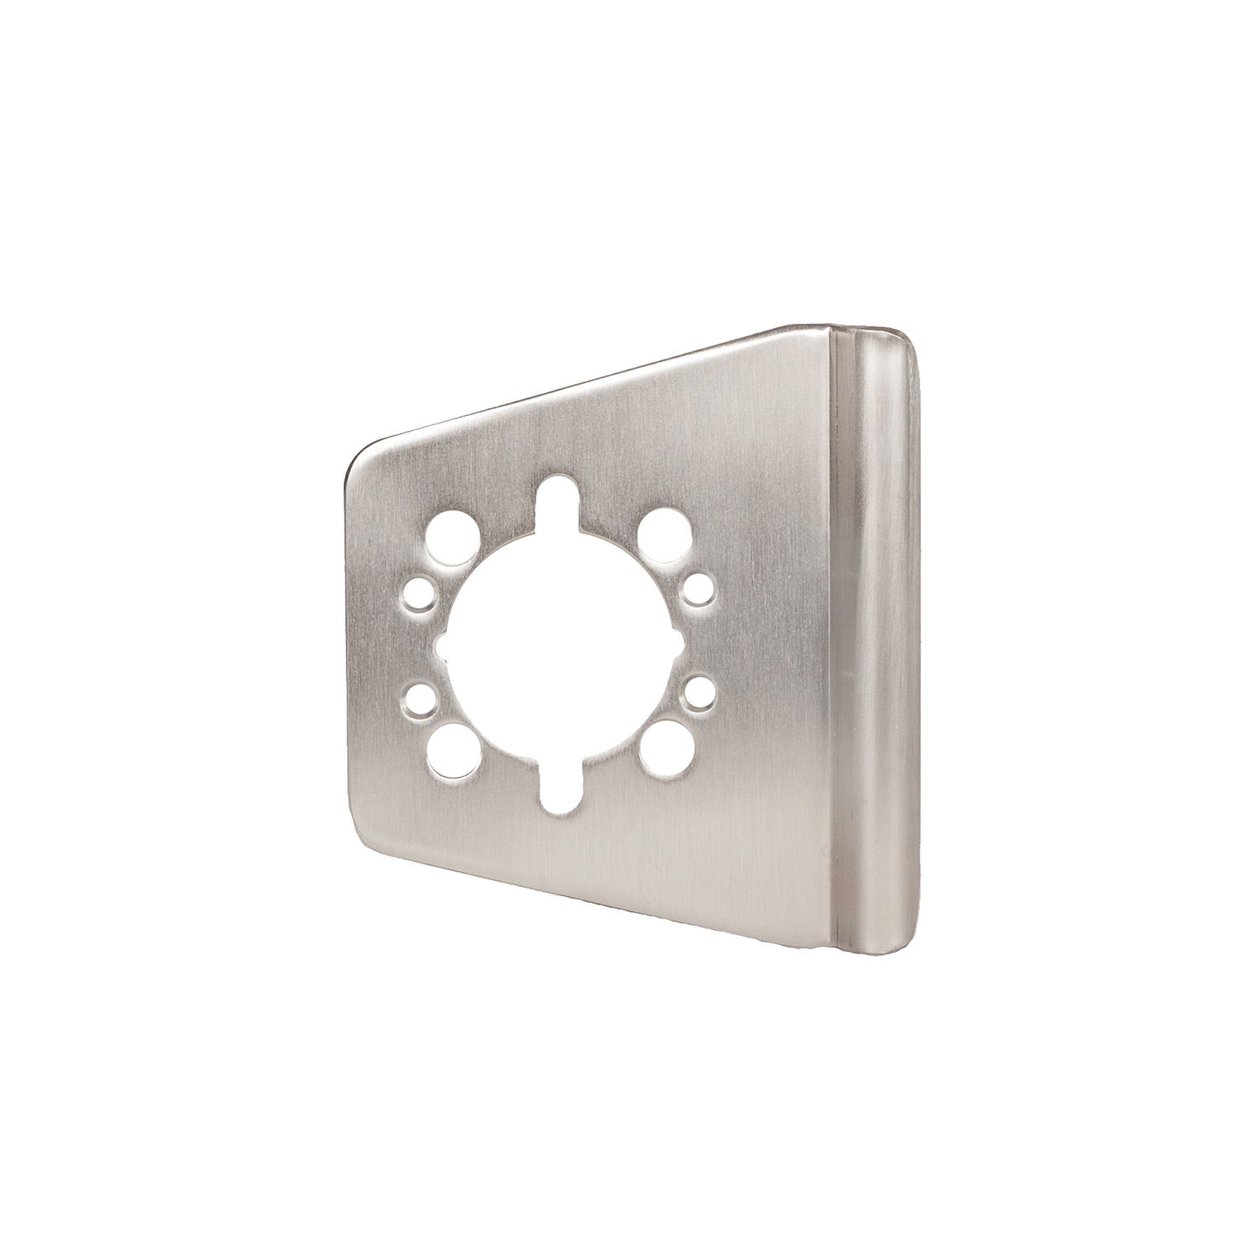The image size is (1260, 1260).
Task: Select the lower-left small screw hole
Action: tap(416, 697)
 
